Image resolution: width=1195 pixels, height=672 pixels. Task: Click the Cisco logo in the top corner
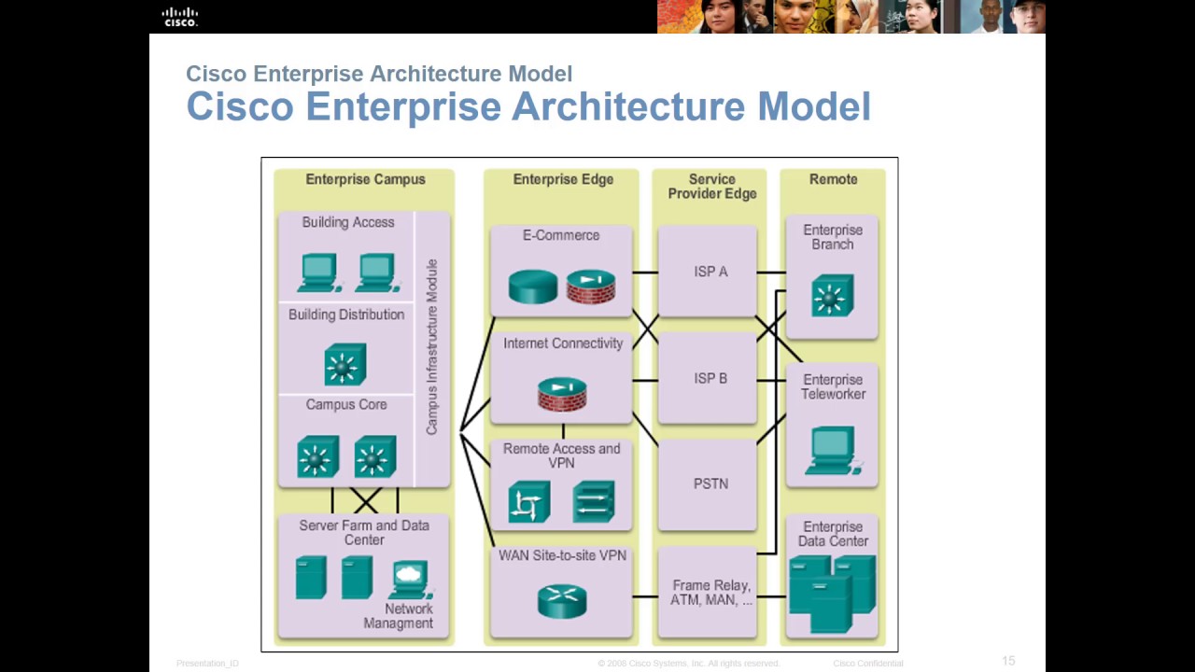pos(180,17)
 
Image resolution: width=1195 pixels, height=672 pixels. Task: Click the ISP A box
pos(710,272)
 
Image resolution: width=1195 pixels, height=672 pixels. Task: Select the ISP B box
pos(710,379)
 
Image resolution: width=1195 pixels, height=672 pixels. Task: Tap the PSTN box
pos(710,484)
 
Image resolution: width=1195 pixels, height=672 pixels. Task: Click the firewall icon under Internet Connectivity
pos(562,394)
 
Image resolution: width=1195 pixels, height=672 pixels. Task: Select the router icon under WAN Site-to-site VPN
pos(562,601)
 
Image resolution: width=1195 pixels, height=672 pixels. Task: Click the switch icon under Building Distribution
pos(344,364)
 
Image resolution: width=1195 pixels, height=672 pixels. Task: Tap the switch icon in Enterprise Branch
pos(832,296)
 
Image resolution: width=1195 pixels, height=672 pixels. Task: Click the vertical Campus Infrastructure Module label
pos(432,346)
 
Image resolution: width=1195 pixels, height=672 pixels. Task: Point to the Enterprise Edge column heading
pos(563,179)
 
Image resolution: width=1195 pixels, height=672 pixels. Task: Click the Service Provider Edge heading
pos(711,187)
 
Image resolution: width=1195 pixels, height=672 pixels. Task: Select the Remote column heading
pos(833,179)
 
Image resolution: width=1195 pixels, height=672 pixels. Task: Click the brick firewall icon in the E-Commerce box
pos(591,287)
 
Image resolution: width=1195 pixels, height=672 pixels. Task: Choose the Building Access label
pos(347,222)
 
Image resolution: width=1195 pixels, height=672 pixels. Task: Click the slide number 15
pos(1008,661)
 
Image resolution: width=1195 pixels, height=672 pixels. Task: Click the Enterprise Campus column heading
pos(365,179)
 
